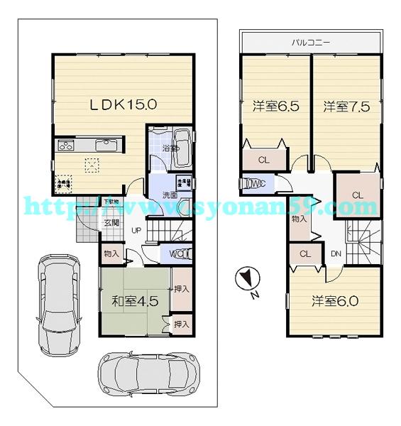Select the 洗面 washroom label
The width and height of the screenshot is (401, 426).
pyautogui.click(x=170, y=194)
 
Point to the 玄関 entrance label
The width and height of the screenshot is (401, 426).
pyautogui.click(x=112, y=222)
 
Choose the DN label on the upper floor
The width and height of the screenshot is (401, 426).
pyautogui.click(x=336, y=253)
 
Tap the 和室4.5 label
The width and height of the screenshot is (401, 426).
pyautogui.click(x=135, y=300)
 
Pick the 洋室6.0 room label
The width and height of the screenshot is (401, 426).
pyautogui.click(x=335, y=300)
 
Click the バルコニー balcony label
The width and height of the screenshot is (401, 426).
pyautogui.click(x=312, y=42)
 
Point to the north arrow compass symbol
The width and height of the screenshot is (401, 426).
pyautogui.click(x=245, y=280)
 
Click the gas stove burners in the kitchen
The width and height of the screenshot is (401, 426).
pyautogui.click(x=66, y=146)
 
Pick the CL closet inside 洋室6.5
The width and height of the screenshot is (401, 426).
pyautogui.click(x=263, y=160)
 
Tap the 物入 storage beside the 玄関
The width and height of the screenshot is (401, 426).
pyautogui.click(x=111, y=253)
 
